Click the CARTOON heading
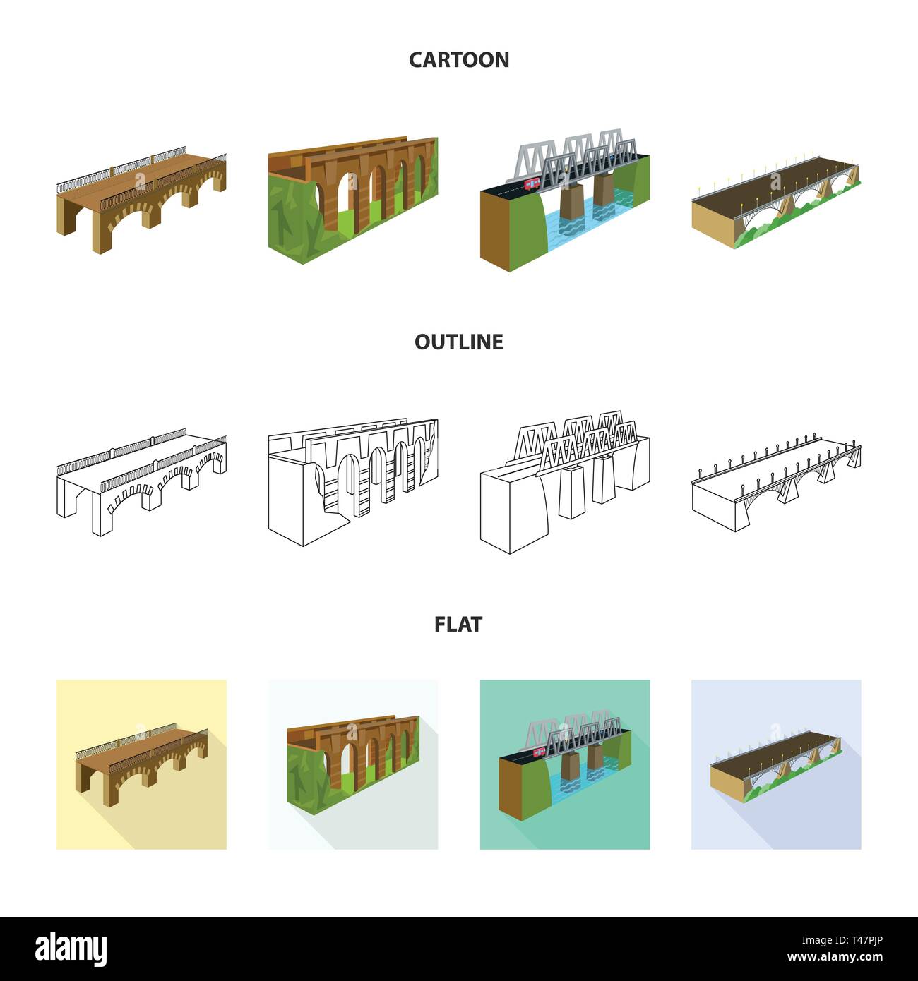coord(459,60)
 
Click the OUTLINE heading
coord(459,342)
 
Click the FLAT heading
coord(459,625)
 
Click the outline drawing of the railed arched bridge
coord(141,480)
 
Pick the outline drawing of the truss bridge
coord(565,480)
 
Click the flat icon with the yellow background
coord(141,764)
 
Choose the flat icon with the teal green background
coord(565,764)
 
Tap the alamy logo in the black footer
coord(71,948)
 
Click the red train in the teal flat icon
coord(540,751)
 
